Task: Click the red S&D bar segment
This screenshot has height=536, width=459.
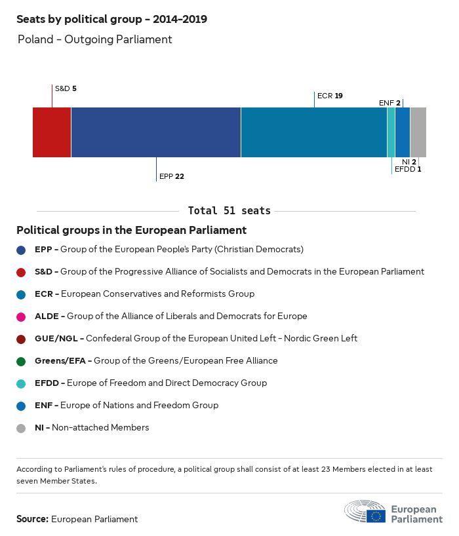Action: (x=52, y=132)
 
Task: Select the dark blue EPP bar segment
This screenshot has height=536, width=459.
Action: (x=156, y=132)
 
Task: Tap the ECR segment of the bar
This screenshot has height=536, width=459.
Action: (x=313, y=132)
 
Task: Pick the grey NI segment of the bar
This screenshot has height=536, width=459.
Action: (x=418, y=132)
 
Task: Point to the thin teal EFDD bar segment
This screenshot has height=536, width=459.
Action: (x=391, y=132)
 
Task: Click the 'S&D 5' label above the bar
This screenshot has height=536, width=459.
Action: (x=66, y=88)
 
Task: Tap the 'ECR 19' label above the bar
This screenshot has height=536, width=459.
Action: (x=330, y=96)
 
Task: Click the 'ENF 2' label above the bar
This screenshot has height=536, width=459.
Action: (x=389, y=103)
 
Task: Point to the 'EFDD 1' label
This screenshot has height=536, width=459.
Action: (x=408, y=169)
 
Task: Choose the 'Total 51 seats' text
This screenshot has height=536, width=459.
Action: (x=229, y=211)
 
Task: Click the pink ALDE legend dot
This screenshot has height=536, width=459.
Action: (x=21, y=316)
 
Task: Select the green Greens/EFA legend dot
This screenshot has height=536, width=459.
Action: (x=21, y=361)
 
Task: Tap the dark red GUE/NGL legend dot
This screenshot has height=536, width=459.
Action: (x=21, y=339)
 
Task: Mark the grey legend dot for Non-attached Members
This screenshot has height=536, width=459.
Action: (x=21, y=428)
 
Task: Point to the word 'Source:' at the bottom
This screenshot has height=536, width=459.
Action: (x=32, y=519)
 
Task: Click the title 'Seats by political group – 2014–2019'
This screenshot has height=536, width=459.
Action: (x=111, y=20)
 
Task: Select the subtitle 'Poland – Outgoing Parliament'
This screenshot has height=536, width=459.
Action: (x=94, y=39)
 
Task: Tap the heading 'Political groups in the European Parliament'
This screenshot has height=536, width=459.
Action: (x=131, y=230)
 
